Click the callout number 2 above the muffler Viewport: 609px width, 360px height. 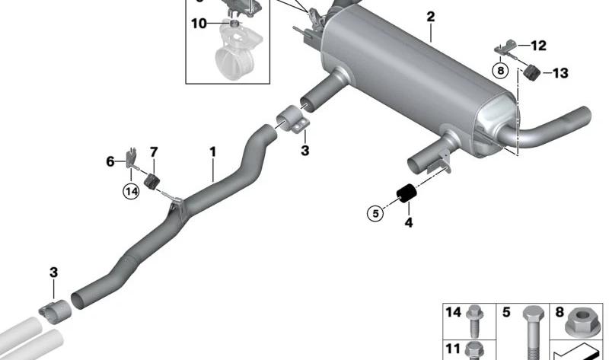coord(430,17)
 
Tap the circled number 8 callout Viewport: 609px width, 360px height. coord(500,71)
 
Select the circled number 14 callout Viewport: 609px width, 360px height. coord(131,191)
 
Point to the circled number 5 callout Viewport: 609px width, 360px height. coord(375,213)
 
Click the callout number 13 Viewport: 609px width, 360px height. coord(560,73)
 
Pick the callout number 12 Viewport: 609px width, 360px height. coord(538,46)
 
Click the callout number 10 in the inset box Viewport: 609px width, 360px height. coord(199,24)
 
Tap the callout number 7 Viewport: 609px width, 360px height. coord(154,152)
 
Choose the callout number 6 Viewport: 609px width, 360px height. coord(110,161)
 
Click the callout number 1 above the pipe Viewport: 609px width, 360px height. coord(212,152)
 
